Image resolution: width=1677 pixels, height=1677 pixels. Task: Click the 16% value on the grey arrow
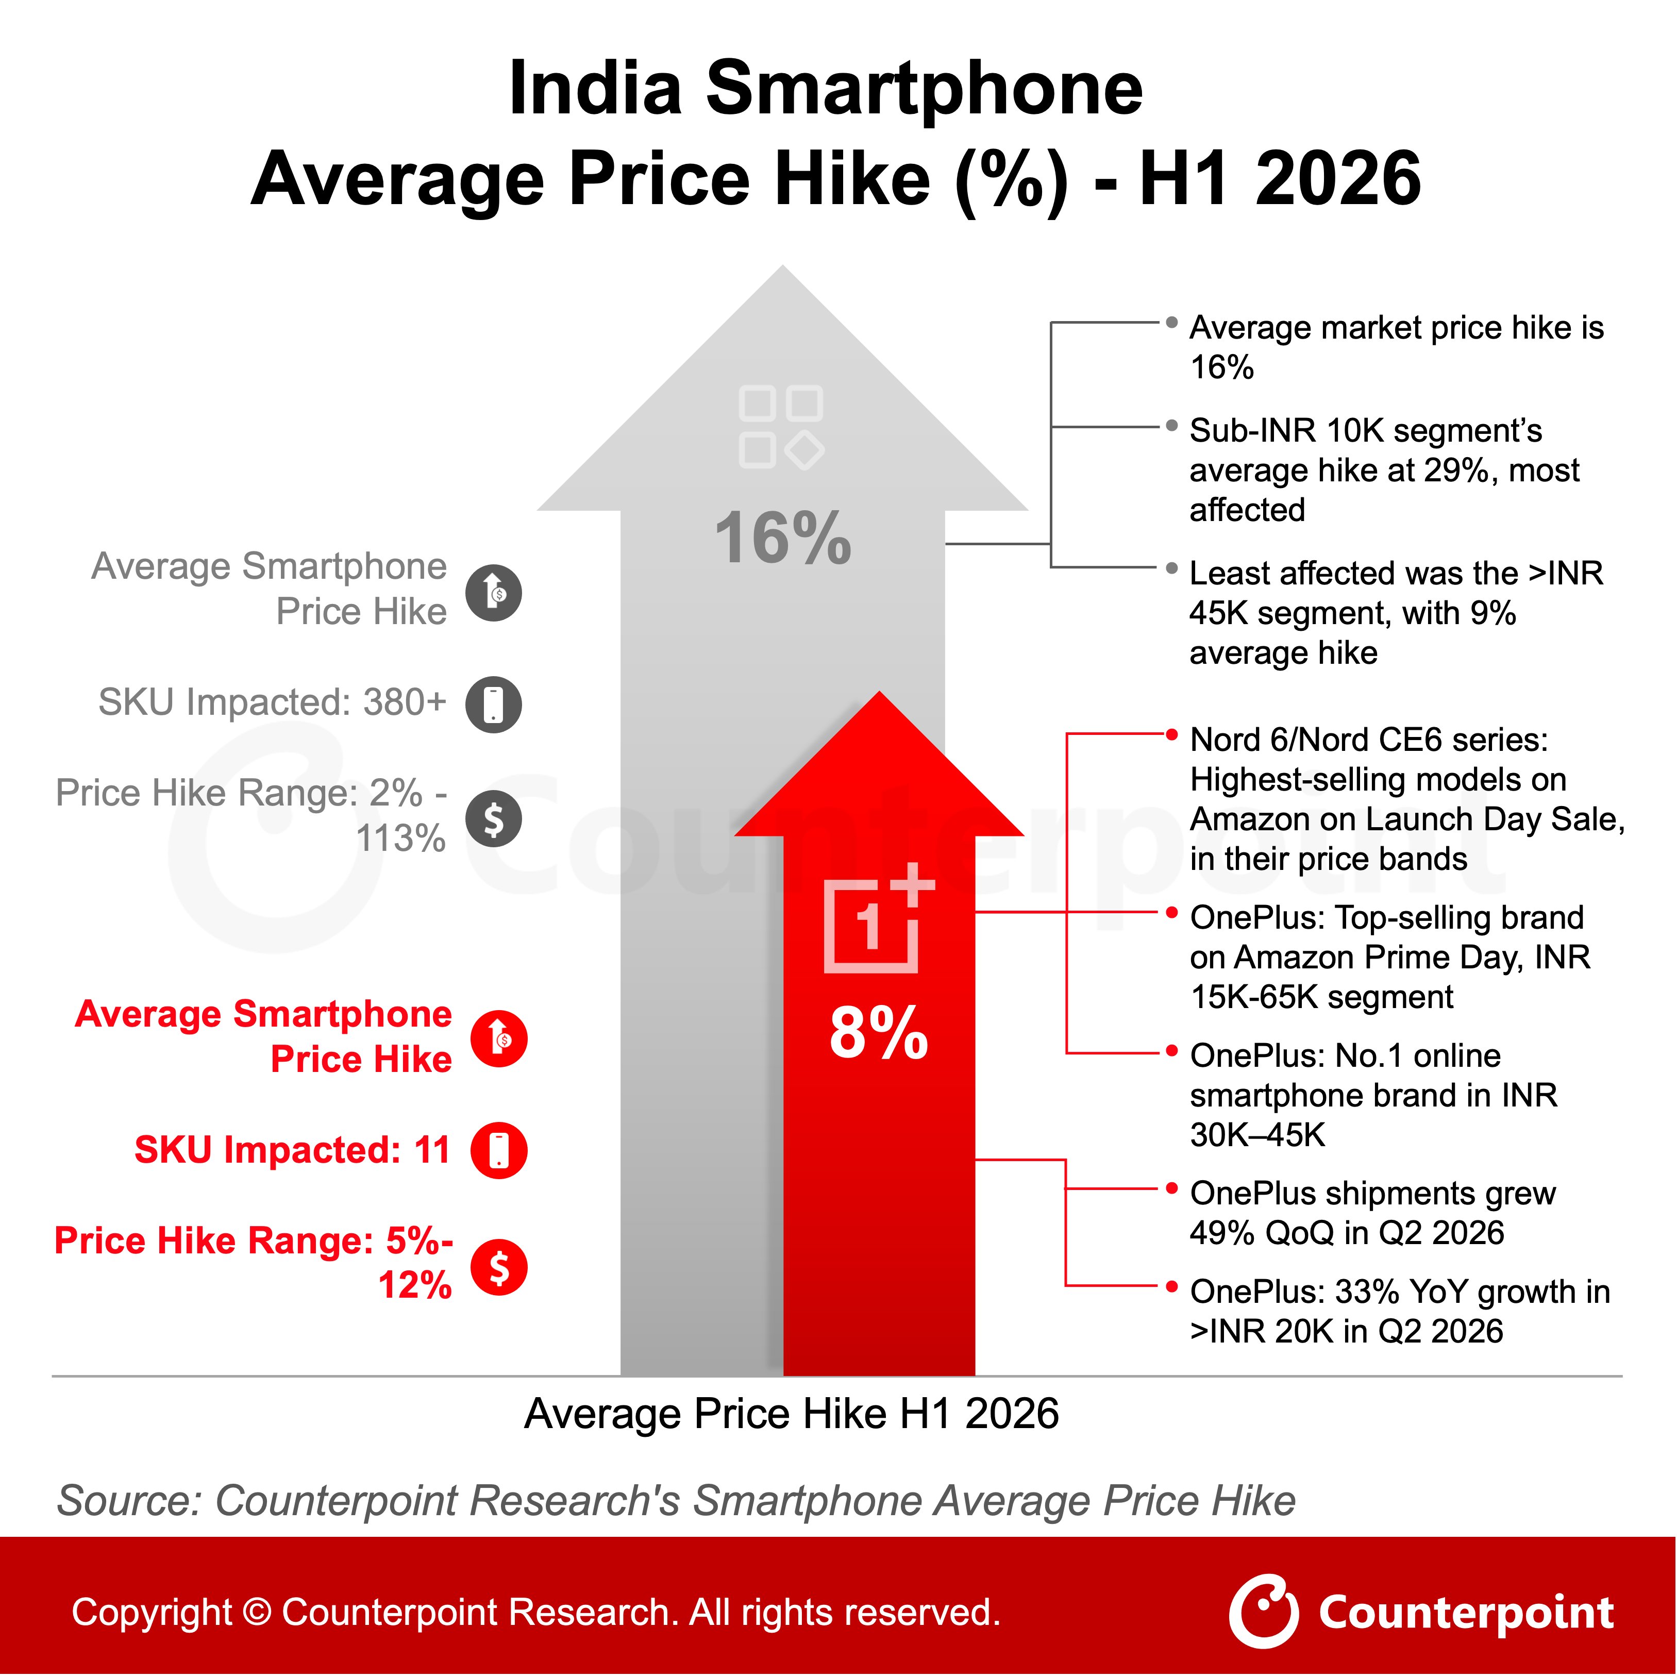[x=783, y=538]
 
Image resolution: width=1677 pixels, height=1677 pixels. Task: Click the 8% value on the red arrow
[x=878, y=1033]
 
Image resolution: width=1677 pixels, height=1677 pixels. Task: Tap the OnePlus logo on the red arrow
[x=878, y=918]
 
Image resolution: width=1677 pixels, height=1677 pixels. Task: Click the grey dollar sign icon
[x=494, y=818]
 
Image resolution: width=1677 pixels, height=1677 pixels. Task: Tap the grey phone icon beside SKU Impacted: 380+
[x=494, y=704]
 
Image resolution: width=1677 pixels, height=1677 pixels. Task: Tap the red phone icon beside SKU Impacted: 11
[x=499, y=1151]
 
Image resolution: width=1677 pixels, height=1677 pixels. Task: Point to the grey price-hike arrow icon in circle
[x=494, y=593]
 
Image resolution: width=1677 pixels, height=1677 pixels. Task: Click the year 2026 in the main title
[x=1337, y=179]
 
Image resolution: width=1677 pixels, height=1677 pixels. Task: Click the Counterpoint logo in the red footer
[x=1421, y=1613]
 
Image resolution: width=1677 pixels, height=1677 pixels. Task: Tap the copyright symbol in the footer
[x=257, y=1613]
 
